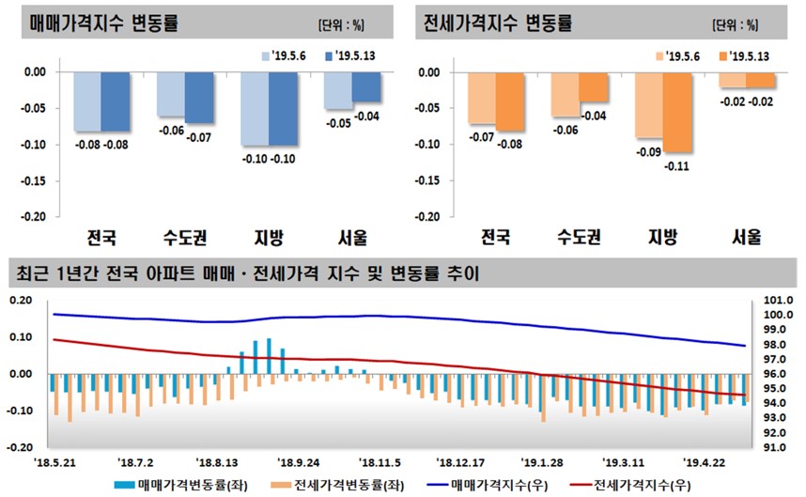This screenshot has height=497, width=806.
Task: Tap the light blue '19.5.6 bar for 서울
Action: pyautogui.click(x=339, y=90)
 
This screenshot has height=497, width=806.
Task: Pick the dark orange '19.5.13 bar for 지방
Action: pyautogui.click(x=678, y=112)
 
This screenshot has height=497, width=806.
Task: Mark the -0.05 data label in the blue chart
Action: pyautogui.click(x=337, y=123)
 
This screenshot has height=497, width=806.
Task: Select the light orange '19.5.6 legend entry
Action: pyautogui.click(x=680, y=56)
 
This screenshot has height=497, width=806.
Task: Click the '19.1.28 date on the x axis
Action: pyautogui.click(x=540, y=462)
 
